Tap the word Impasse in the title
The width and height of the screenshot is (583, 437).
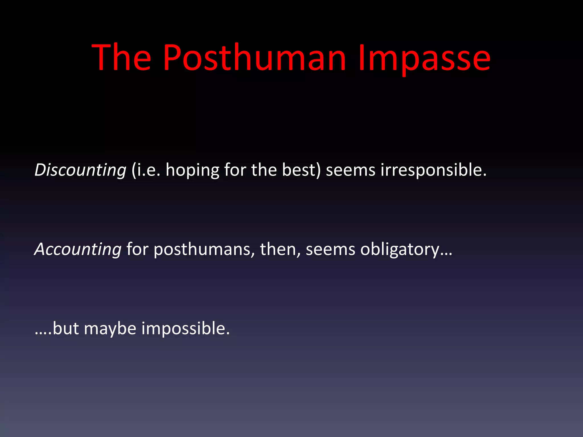point(424,58)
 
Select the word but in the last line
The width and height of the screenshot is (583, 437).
point(66,329)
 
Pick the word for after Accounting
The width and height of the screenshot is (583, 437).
point(137,249)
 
